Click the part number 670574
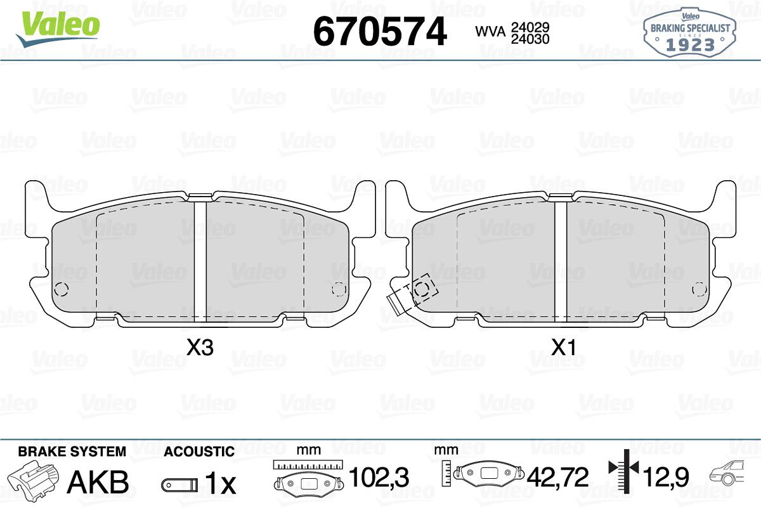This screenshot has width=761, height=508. [x=380, y=32]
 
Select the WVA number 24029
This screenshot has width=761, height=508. [x=530, y=27]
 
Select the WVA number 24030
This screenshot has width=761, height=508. [x=530, y=39]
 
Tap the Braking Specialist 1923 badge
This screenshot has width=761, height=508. [x=689, y=33]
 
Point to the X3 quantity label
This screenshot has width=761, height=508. [x=200, y=348]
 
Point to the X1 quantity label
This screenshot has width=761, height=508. [x=563, y=348]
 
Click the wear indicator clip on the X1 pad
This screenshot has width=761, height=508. [x=412, y=293]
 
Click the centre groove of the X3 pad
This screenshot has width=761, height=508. [x=200, y=262]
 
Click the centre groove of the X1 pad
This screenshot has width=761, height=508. [x=561, y=262]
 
